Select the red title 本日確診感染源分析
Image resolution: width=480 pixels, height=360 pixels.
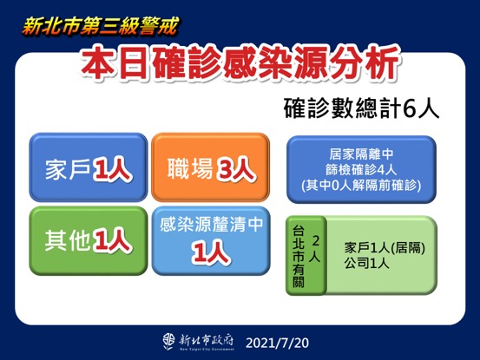point(240,63)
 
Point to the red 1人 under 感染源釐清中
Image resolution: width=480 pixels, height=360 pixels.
point(208,252)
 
